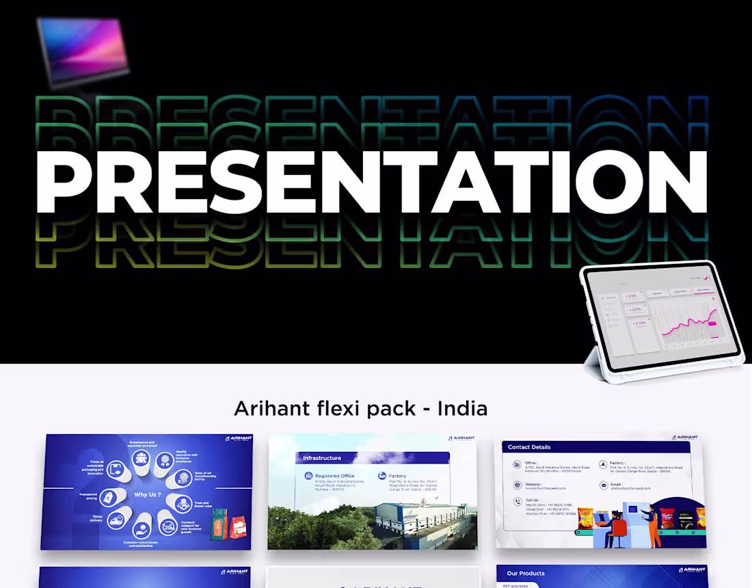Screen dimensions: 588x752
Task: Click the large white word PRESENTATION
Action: (x=373, y=181)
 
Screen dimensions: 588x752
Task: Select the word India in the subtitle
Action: (x=462, y=409)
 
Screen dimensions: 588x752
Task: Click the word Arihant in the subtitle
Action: (x=266, y=409)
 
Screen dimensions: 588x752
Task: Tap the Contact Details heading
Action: (x=529, y=446)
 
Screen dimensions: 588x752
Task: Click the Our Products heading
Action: (x=526, y=573)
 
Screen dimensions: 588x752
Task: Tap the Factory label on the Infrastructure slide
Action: (x=397, y=476)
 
